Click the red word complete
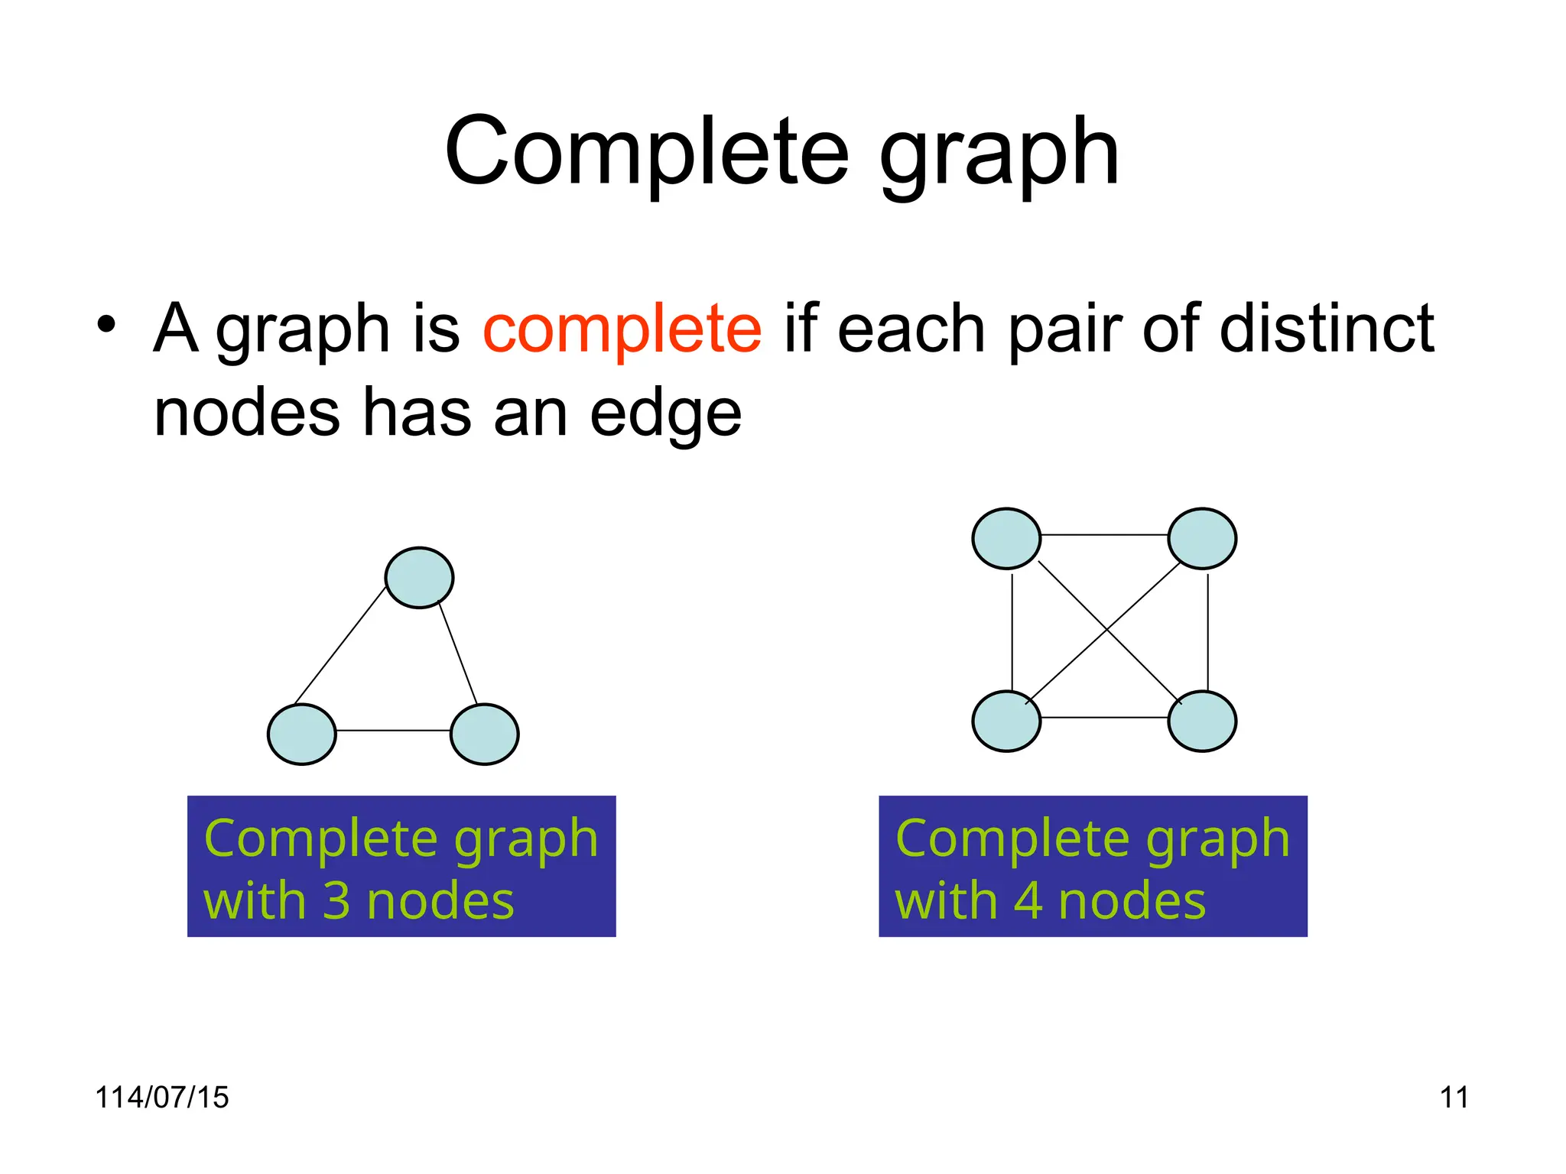pyautogui.click(x=622, y=329)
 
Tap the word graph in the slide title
pyautogui.click(x=999, y=153)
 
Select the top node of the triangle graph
pyautogui.click(x=419, y=578)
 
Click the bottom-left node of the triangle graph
pyautogui.click(x=302, y=735)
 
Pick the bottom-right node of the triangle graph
pyautogui.click(x=485, y=735)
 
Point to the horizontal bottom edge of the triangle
pyautogui.click(x=393, y=731)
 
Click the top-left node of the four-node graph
pyautogui.click(x=1006, y=539)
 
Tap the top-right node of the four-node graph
pyautogui.click(x=1202, y=539)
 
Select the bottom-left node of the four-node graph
pyautogui.click(x=1006, y=722)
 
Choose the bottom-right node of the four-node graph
pyautogui.click(x=1202, y=722)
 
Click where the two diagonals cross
pyautogui.click(x=1106, y=630)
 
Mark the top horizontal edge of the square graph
pyautogui.click(x=1104, y=535)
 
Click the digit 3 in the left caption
pyautogui.click(x=336, y=901)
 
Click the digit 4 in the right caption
pyautogui.click(x=1028, y=901)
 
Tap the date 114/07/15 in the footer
pyautogui.click(x=161, y=1098)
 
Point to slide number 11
pyautogui.click(x=1454, y=1098)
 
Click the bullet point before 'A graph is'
pyautogui.click(x=106, y=325)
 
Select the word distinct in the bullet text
pyautogui.click(x=1326, y=329)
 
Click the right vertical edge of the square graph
pyautogui.click(x=1208, y=631)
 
